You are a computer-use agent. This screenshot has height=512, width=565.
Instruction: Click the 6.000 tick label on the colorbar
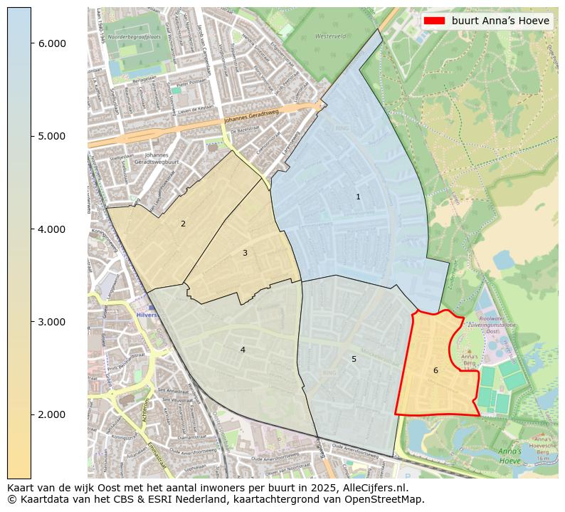pos(52,43)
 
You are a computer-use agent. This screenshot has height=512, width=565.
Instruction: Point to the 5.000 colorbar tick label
pos(52,136)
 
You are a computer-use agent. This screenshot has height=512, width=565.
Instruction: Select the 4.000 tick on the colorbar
pos(52,229)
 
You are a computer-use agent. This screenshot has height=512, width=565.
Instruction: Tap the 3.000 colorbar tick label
pos(52,322)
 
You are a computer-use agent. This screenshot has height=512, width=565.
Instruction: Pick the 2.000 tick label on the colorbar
pos(52,414)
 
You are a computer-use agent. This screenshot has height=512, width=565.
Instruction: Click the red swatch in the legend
pos(434,21)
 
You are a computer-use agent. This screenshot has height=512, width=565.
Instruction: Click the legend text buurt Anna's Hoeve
pos(500,21)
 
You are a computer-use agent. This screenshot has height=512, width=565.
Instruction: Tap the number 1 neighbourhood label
pos(358,197)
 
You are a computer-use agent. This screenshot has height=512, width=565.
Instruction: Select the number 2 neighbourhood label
pos(183,224)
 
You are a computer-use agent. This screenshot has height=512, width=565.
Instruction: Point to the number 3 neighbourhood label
pos(245,253)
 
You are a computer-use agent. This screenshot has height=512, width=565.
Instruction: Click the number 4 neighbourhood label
pos(243,350)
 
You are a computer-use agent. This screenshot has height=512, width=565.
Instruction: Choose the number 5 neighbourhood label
pos(354,359)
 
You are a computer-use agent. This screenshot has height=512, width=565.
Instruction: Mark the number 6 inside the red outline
pos(435,370)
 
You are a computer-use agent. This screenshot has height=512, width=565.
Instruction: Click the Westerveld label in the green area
pos(330,35)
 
